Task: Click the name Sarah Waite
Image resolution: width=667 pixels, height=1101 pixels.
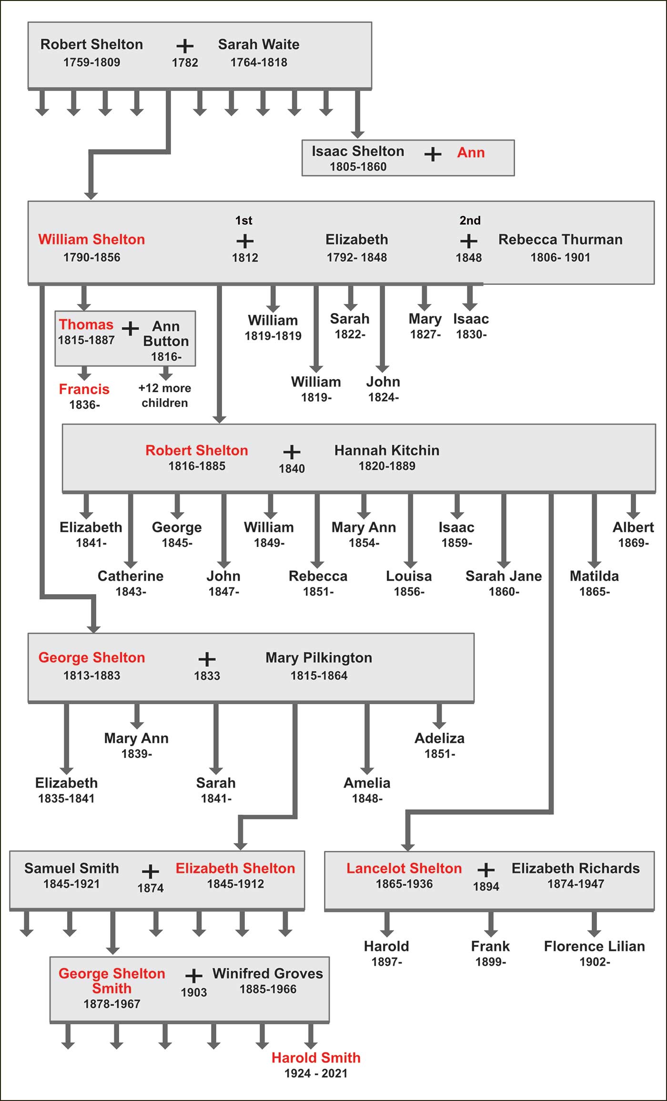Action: coord(259,44)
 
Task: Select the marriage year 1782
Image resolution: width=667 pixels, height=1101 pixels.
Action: coord(185,62)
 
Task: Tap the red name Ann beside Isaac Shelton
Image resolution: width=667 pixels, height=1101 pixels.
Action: coord(471,152)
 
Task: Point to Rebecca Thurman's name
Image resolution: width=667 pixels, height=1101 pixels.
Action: coord(560,239)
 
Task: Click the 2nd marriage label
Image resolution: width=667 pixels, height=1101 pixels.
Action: coord(470,221)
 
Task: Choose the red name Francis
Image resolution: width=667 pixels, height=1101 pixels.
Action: coord(84,389)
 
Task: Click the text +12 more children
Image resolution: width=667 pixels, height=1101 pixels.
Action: coord(164,395)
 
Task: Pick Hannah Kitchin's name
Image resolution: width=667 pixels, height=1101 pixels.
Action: coord(386,450)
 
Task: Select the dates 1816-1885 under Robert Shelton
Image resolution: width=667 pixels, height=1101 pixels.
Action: coord(197,466)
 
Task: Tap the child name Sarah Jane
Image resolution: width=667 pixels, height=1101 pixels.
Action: coord(504,576)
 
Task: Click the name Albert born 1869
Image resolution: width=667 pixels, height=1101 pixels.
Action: coord(633,527)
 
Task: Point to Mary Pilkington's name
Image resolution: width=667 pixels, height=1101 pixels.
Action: coord(319,657)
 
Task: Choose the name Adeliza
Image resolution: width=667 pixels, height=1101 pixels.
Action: coord(439,738)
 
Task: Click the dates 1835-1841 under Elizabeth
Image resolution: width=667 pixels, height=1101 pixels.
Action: coord(66,798)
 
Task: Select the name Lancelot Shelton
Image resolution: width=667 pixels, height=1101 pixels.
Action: coord(404,868)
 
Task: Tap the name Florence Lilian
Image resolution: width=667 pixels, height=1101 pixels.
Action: coord(594,946)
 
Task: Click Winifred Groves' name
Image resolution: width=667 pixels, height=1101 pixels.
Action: coord(267,973)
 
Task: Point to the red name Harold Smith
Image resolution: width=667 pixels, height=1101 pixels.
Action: coord(316,1058)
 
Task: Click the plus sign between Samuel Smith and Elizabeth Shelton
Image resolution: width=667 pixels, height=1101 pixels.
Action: coord(151,871)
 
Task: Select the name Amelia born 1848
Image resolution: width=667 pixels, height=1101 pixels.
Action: coord(367,783)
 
